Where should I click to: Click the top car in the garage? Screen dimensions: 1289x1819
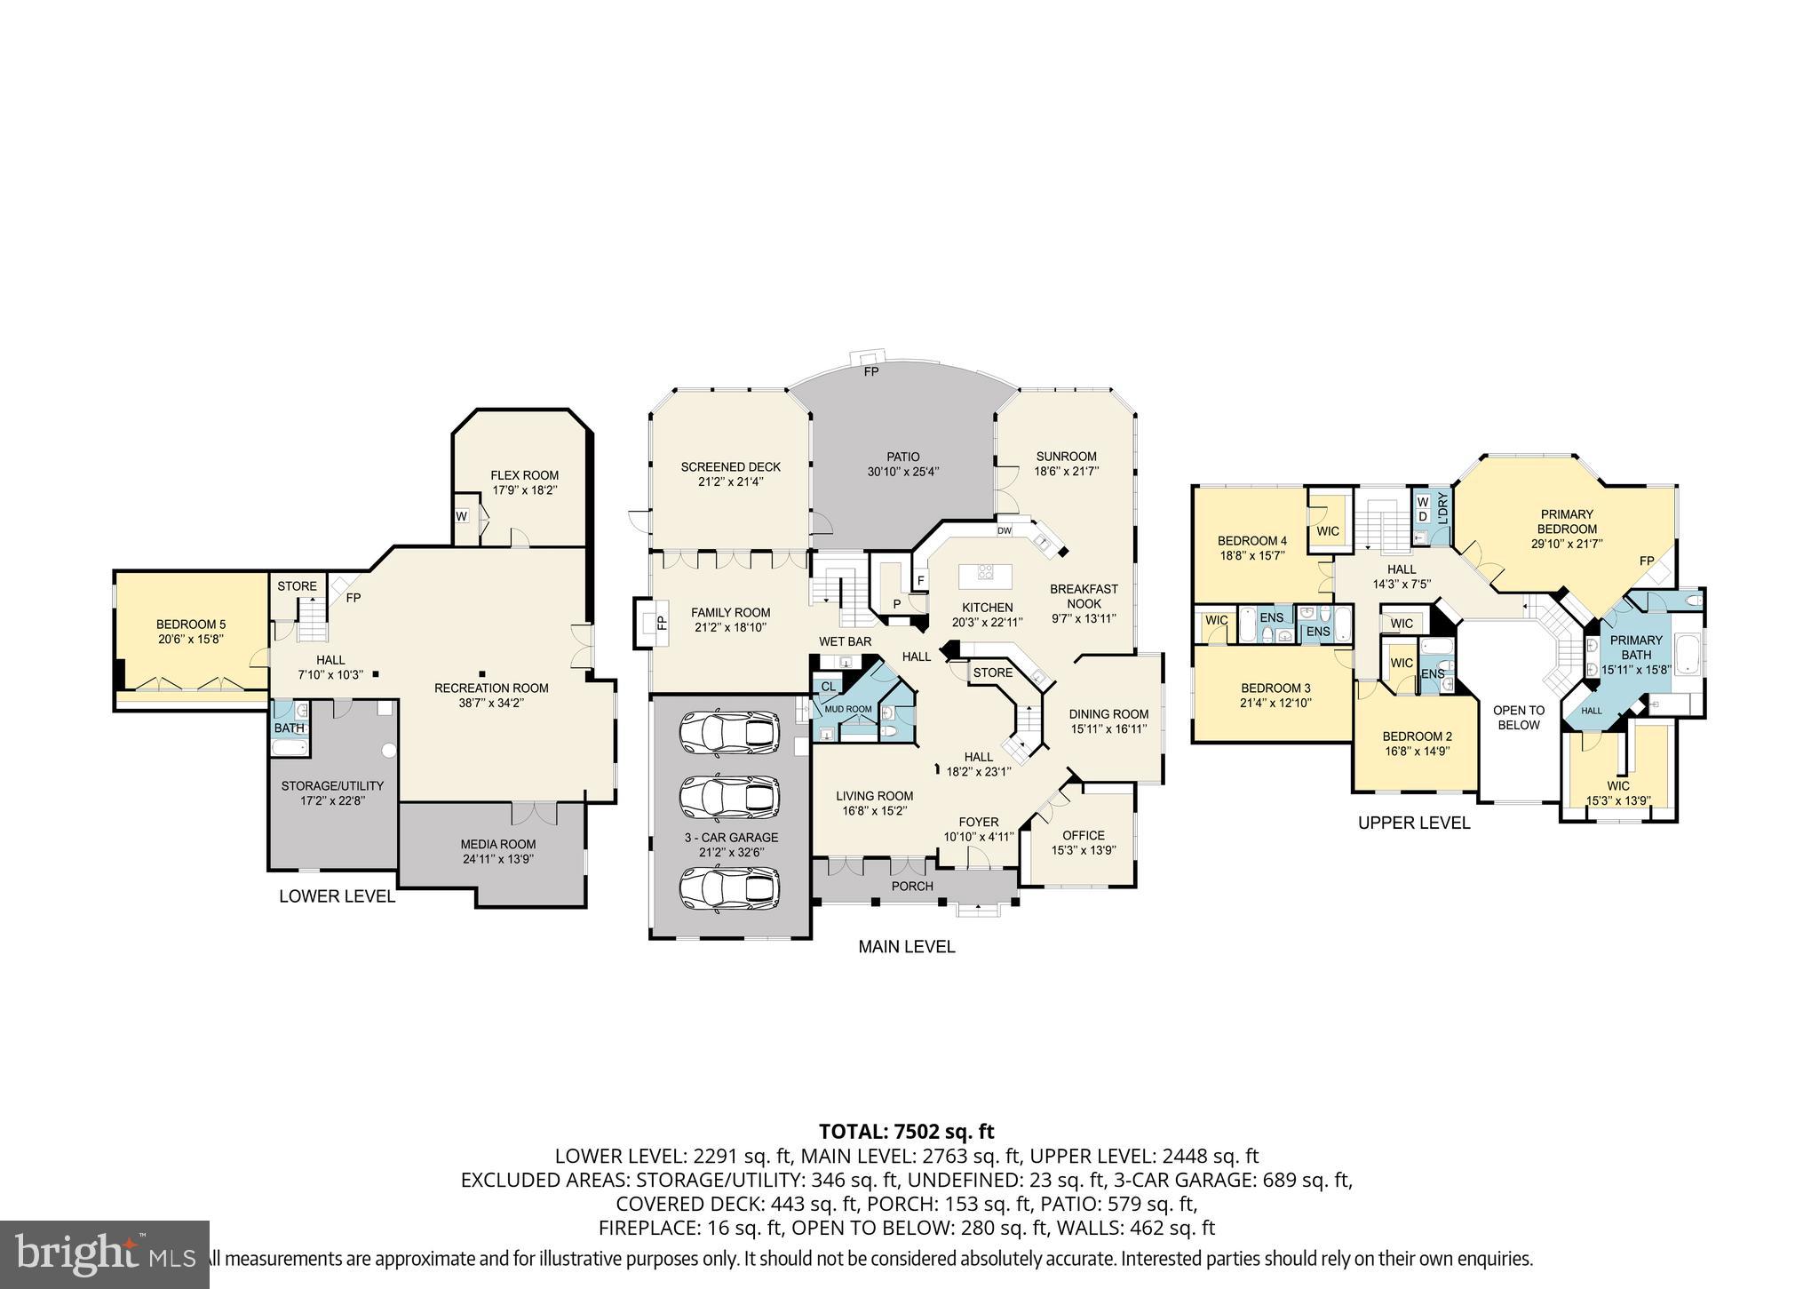click(x=730, y=733)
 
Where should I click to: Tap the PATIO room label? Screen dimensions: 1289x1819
click(x=902, y=458)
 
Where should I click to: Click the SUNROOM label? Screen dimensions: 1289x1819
click(x=1066, y=457)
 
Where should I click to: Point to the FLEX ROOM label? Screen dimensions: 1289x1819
click(x=525, y=475)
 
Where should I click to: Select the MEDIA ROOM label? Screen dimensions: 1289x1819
click(x=497, y=844)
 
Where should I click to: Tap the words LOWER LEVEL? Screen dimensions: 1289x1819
click(x=337, y=896)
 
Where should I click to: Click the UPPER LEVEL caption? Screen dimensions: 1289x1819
click(x=1414, y=824)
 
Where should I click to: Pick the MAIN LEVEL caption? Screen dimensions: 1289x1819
click(x=906, y=947)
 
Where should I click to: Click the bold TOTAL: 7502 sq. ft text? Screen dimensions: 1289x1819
click(x=906, y=1132)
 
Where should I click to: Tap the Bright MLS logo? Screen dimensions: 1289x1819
click(x=104, y=1254)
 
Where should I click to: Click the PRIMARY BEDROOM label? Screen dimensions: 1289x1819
click(x=1567, y=521)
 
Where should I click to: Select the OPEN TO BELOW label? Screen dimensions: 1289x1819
click(x=1518, y=717)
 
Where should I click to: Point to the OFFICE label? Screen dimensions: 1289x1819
click(x=1084, y=835)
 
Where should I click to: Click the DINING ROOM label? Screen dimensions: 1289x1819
click(x=1108, y=714)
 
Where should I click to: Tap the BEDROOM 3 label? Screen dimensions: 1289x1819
click(x=1275, y=688)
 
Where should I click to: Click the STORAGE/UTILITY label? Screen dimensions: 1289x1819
click(x=332, y=786)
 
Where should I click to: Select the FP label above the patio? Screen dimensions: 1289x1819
click(x=871, y=371)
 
